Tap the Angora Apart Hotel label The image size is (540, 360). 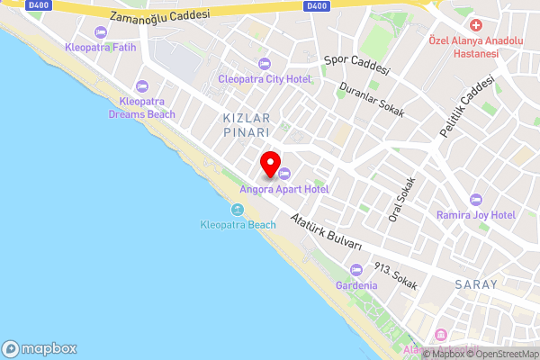click(x=283, y=189)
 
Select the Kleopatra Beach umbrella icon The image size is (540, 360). click(x=238, y=210)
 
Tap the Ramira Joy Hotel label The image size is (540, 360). click(x=475, y=215)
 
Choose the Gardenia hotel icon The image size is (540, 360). click(x=356, y=270)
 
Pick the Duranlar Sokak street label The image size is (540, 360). click(x=372, y=102)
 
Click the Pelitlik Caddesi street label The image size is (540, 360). click(x=467, y=105)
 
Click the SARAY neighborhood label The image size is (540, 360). click(x=478, y=284)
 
